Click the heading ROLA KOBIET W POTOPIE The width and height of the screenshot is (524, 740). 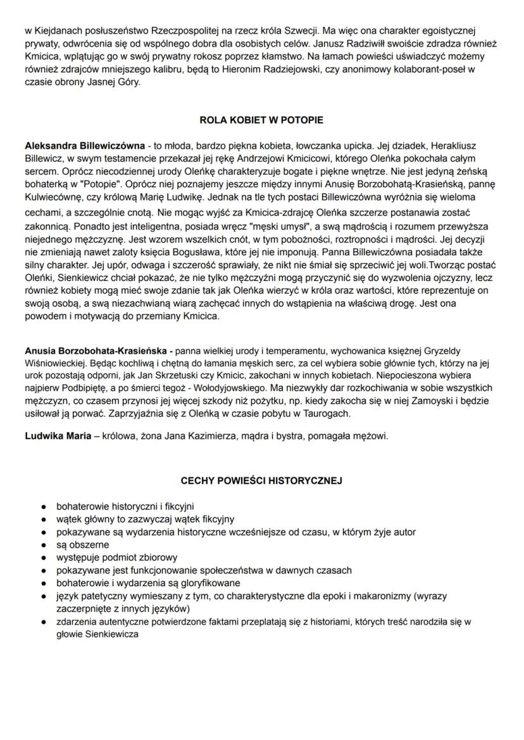pyautogui.click(x=261, y=119)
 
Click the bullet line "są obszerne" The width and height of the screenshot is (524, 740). pyautogui.click(x=83, y=544)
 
